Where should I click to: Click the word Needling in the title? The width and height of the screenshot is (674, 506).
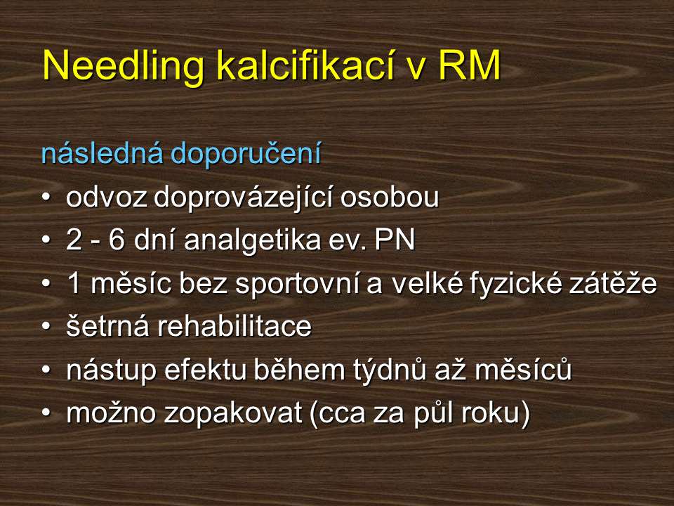pos(124,66)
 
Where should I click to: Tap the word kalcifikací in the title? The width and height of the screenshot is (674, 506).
pos(305,65)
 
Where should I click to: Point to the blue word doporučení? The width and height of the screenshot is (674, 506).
pos(246,155)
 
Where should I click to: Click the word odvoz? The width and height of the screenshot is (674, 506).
pos(107,197)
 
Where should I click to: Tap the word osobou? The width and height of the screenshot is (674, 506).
pos(390,197)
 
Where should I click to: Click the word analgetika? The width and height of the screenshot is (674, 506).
pos(253,241)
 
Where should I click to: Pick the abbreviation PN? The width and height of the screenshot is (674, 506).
pos(395,240)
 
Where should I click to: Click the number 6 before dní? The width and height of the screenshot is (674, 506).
pos(117,240)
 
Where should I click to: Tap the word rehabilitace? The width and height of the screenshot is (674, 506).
pos(234,326)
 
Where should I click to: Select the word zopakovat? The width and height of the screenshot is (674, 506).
pos(233,414)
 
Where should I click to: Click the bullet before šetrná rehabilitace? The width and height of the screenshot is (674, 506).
pos(46,327)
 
